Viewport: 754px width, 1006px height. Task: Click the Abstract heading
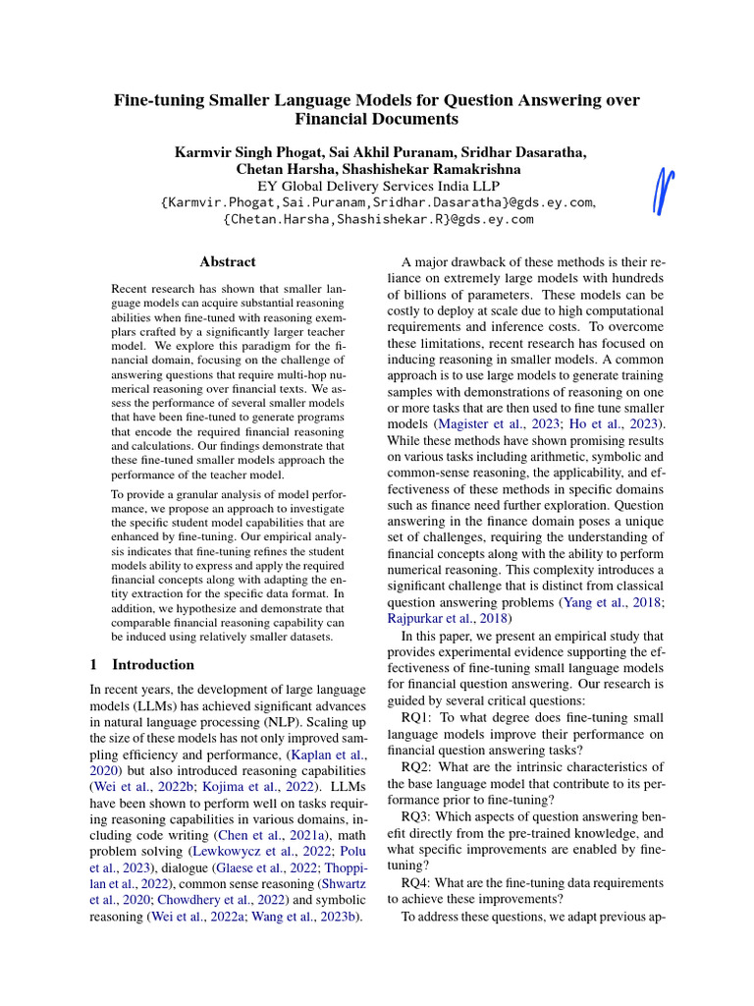tap(228, 262)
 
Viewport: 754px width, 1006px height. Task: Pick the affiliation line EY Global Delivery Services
tap(377, 185)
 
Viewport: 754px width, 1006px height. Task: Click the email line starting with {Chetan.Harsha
tap(378, 219)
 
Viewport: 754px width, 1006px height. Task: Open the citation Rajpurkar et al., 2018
tap(447, 619)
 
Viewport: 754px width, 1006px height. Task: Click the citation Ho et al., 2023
tap(609, 422)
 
